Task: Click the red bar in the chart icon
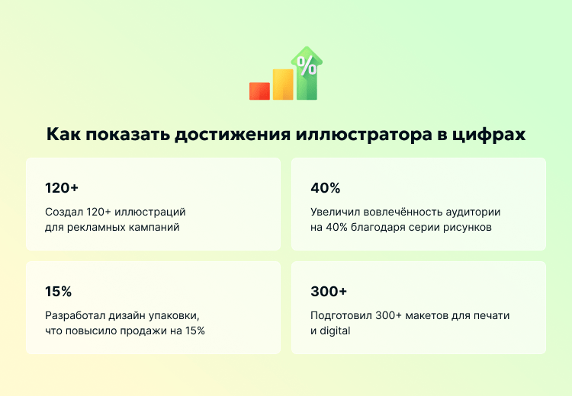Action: point(259,91)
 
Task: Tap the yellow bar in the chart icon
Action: point(283,85)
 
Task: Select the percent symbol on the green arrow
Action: point(307,65)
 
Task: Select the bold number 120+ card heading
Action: point(62,188)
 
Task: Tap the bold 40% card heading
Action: point(326,188)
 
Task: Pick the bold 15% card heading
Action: point(58,292)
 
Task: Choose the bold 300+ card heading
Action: point(329,292)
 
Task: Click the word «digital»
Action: point(335,331)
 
